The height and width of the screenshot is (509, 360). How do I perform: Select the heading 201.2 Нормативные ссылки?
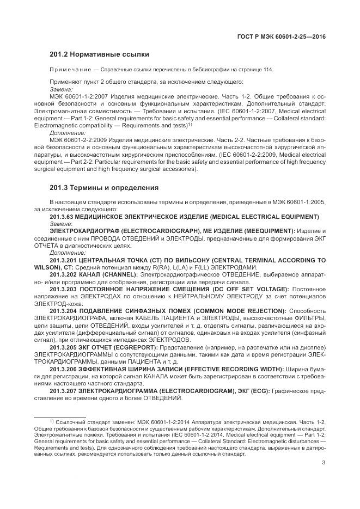click(99, 54)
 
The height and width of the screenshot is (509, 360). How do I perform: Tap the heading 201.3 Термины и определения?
click(104, 188)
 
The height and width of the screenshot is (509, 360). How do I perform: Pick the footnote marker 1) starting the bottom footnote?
click(51, 420)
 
